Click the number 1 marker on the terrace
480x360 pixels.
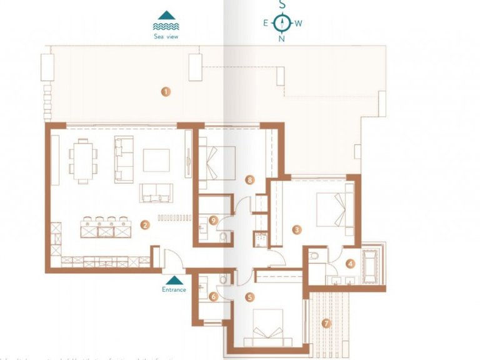tap(166, 91)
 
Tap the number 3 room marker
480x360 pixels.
tap(297, 230)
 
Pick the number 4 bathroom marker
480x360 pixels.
tap(351, 264)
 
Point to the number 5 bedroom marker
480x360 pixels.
tap(249, 297)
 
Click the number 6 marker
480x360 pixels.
tap(213, 297)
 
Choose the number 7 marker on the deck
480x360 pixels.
tap(325, 323)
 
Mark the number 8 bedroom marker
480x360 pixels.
tap(249, 180)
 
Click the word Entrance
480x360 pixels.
tap(174, 289)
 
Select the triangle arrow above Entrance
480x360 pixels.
tap(174, 280)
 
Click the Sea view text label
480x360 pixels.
tap(166, 37)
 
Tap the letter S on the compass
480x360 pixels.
tap(282, 4)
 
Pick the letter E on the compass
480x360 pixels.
tap(266, 24)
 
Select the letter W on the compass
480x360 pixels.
tap(299, 24)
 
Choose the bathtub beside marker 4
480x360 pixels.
tap(374, 262)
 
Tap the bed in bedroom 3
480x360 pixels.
tap(332, 209)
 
